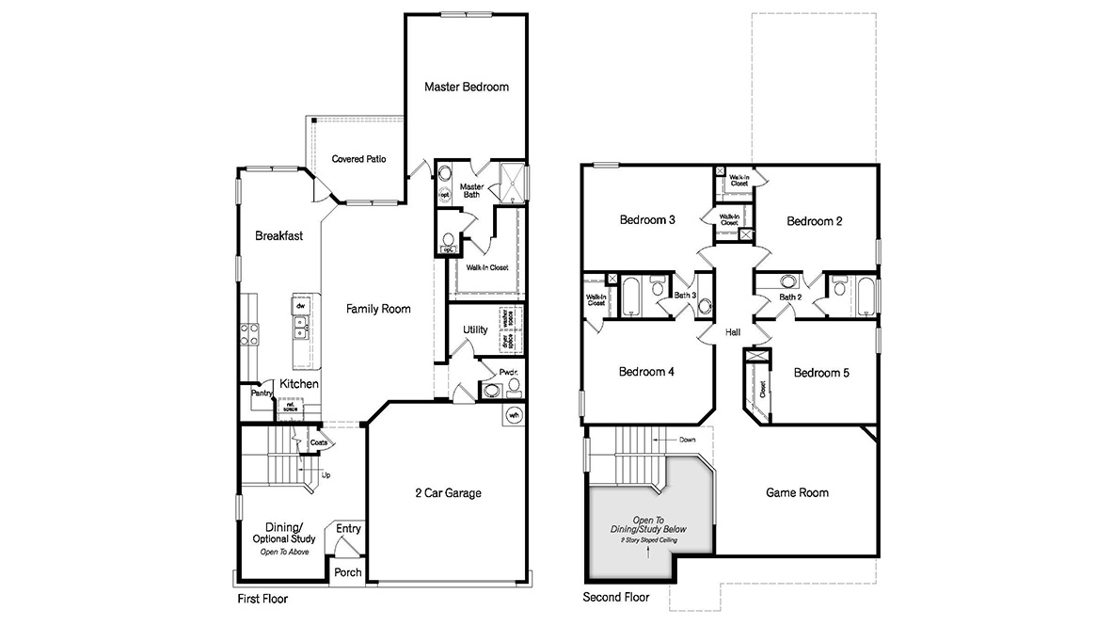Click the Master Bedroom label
(x=466, y=87)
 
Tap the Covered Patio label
(x=358, y=159)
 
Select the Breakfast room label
(x=279, y=236)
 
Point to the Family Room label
(x=377, y=309)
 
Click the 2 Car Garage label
(x=449, y=492)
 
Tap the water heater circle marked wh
(x=514, y=414)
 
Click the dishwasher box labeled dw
(x=301, y=306)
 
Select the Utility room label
(x=475, y=329)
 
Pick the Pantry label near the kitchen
(x=261, y=394)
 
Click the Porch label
(x=348, y=572)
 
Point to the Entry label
(x=348, y=529)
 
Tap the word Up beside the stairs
(x=326, y=474)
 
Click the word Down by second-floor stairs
(x=689, y=440)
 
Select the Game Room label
(x=797, y=492)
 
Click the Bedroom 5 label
(x=821, y=373)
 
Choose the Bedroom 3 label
(x=647, y=220)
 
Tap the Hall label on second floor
(x=733, y=332)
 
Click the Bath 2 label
(x=789, y=297)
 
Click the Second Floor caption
(x=616, y=598)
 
